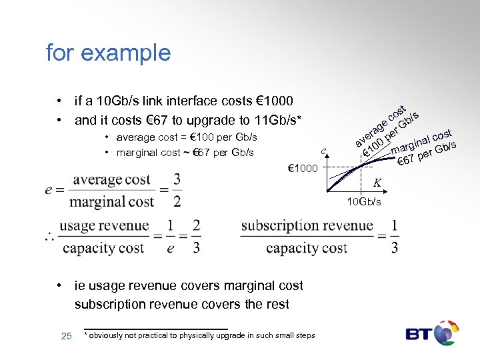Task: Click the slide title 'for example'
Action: click(108, 52)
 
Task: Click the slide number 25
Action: click(66, 335)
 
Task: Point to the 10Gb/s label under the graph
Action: click(363, 201)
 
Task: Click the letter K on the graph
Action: click(377, 182)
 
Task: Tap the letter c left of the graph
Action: click(323, 151)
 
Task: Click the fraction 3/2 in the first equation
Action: click(177, 190)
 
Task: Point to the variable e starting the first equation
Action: click(49, 191)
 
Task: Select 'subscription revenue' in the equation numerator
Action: click(307, 225)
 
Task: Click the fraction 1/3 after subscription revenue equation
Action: click(395, 236)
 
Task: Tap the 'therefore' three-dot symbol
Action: click(49, 237)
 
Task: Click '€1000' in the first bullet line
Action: click(275, 101)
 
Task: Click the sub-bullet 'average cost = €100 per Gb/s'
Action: click(186, 137)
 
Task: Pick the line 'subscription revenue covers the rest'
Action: click(181, 304)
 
